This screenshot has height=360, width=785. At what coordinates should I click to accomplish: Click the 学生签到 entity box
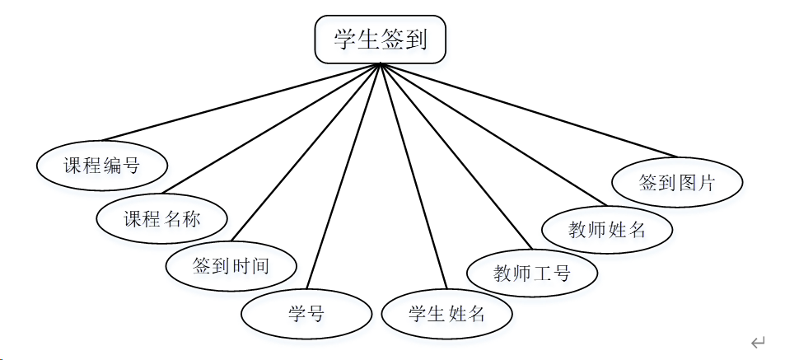380,40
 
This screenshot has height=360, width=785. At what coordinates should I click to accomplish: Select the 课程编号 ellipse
102,165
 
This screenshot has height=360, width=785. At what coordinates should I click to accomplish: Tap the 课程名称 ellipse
161,218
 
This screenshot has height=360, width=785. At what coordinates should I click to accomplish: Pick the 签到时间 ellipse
231,266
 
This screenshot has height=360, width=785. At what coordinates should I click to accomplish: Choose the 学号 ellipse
306,313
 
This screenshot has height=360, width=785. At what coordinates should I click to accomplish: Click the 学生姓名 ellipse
446,314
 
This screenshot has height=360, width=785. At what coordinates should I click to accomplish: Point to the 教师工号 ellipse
532,273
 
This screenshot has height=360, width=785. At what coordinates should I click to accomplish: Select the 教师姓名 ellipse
607,229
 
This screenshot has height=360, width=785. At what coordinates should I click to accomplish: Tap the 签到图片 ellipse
677,182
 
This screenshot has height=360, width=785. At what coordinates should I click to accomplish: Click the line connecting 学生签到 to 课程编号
239,101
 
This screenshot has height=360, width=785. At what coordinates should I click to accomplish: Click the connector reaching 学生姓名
412,176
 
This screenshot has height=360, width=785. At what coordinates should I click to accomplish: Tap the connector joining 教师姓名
492,133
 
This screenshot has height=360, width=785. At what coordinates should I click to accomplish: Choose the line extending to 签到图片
527,110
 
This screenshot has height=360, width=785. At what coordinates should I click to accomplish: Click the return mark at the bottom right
758,343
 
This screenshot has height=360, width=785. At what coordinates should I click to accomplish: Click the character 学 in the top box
345,39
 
